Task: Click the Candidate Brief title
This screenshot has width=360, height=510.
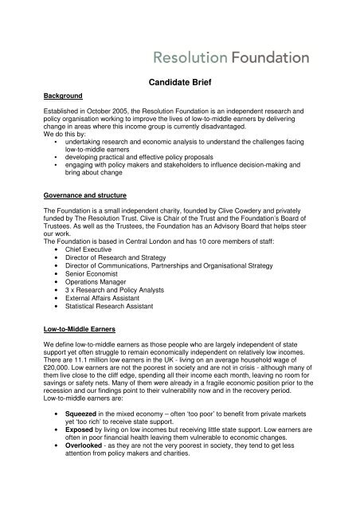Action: (x=180, y=81)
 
